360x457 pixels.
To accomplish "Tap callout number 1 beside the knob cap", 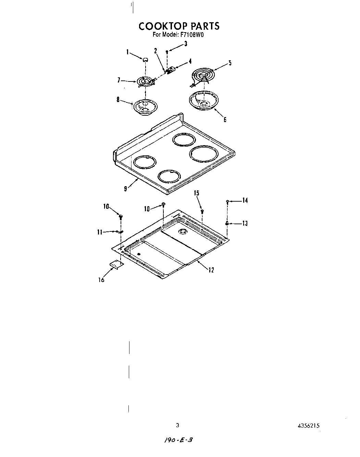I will click(x=127, y=52).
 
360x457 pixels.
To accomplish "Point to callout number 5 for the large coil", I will click(x=230, y=63).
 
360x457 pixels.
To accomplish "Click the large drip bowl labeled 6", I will click(x=203, y=101).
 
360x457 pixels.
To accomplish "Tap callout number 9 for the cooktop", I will click(x=126, y=189).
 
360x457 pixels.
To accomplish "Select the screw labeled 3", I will click(x=167, y=52).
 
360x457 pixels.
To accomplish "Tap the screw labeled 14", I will click(x=227, y=202).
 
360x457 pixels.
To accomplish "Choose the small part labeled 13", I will click(x=227, y=223).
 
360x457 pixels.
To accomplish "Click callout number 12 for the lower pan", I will click(x=211, y=270).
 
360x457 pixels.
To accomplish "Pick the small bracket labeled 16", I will click(x=116, y=264).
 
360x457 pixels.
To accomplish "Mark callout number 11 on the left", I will click(x=99, y=232).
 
